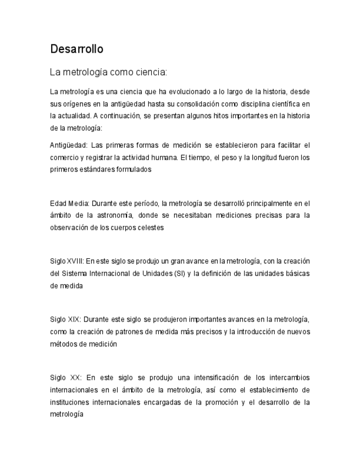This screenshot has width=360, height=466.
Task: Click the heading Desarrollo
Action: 76,49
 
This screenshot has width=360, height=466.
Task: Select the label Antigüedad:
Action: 68,146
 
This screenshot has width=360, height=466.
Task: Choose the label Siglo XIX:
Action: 65,319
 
